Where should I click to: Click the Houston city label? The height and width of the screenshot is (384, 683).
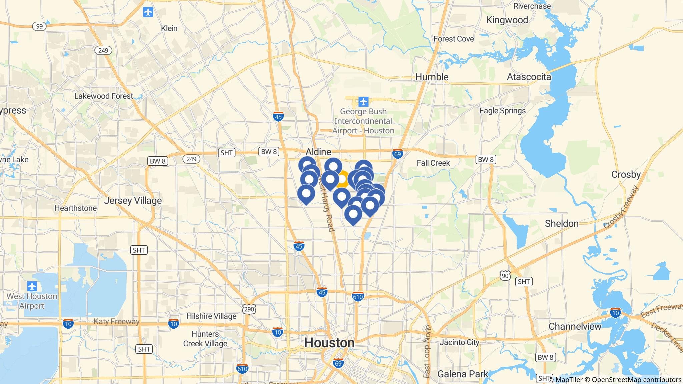(x=329, y=343)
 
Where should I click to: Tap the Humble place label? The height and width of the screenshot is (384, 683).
(x=432, y=77)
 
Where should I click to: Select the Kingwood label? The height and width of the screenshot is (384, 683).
(x=507, y=20)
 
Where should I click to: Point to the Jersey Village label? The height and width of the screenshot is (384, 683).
(x=133, y=200)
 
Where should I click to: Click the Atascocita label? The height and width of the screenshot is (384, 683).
(x=529, y=77)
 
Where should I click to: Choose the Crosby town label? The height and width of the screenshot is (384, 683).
(x=626, y=174)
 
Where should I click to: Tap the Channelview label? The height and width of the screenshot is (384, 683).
(x=575, y=326)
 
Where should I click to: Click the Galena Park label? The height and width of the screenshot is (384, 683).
(x=463, y=374)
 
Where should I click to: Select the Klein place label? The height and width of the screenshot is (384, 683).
(x=169, y=28)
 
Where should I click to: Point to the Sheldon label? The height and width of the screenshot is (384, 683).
(x=562, y=223)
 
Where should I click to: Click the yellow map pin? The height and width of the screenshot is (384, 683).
(x=342, y=179)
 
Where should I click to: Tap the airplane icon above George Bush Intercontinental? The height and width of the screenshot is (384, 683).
(x=363, y=101)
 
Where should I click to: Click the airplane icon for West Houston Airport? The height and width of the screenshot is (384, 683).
(x=32, y=286)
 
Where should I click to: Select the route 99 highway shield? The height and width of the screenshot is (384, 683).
(x=39, y=26)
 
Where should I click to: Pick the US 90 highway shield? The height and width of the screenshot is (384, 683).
(x=505, y=275)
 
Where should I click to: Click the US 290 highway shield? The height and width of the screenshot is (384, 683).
(x=249, y=309)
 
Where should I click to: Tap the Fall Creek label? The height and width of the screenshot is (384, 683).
(x=433, y=163)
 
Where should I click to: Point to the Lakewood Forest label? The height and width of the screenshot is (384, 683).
(x=104, y=96)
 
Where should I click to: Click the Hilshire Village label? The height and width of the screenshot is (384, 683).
(x=211, y=316)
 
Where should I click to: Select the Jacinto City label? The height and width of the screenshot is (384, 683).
(x=459, y=342)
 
